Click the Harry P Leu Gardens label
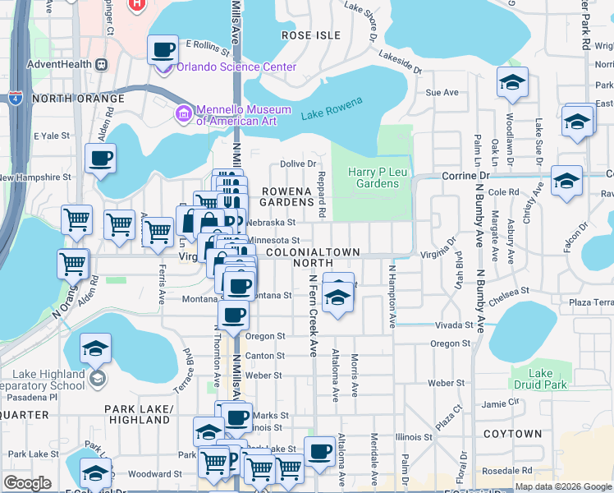click(372, 177)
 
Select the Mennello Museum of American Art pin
click(185, 114)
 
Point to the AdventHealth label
click(56, 64)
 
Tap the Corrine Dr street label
click(465, 176)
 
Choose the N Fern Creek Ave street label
click(313, 315)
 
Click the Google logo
click(27, 483)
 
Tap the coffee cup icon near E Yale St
click(100, 159)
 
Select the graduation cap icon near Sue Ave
click(512, 83)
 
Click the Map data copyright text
click(562, 486)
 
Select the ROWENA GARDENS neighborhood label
click(287, 197)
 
